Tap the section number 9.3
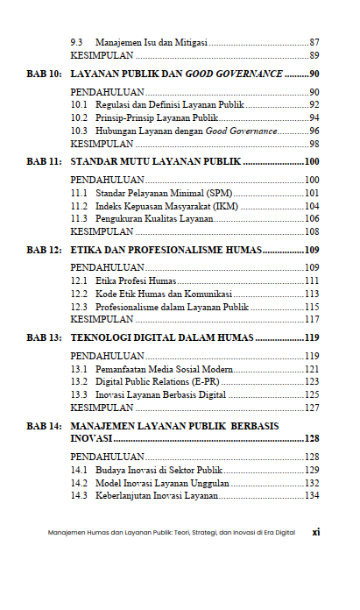tap(77, 41)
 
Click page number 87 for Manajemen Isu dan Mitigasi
tap(314, 41)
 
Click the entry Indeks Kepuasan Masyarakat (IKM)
tap(167, 205)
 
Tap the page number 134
tap(311, 496)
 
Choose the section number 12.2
tap(79, 294)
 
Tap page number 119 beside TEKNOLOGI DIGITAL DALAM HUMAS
tap(311, 337)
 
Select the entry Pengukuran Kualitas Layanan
tap(154, 218)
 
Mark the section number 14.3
tap(79, 496)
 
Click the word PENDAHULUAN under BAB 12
tap(107, 266)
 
